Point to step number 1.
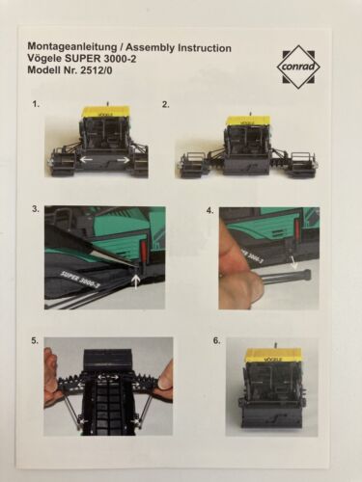(x=36, y=104)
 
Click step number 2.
(x=165, y=104)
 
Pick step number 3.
(x=36, y=209)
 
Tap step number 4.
(x=210, y=211)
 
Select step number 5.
(x=36, y=341)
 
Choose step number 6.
(x=217, y=341)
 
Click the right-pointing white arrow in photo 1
(x=123, y=159)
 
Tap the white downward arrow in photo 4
(x=293, y=262)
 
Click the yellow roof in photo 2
(x=247, y=120)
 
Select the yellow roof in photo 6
(x=273, y=356)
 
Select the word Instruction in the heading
(x=205, y=48)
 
